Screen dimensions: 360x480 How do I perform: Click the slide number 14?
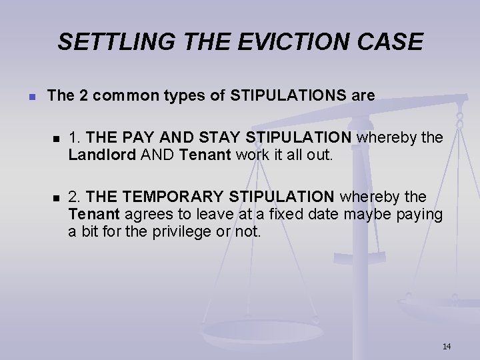click(x=446, y=346)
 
